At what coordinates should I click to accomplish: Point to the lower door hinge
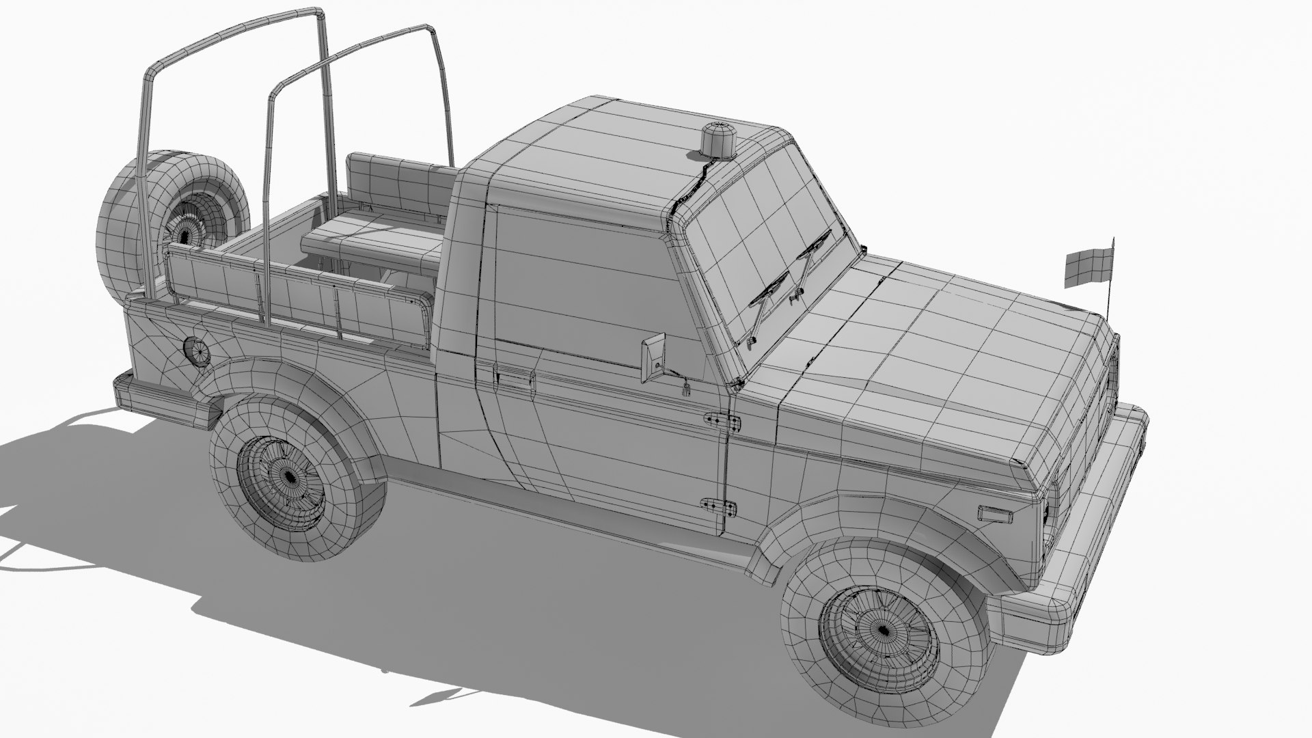pos(720,507)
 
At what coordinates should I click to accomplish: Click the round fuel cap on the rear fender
pos(197,351)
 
